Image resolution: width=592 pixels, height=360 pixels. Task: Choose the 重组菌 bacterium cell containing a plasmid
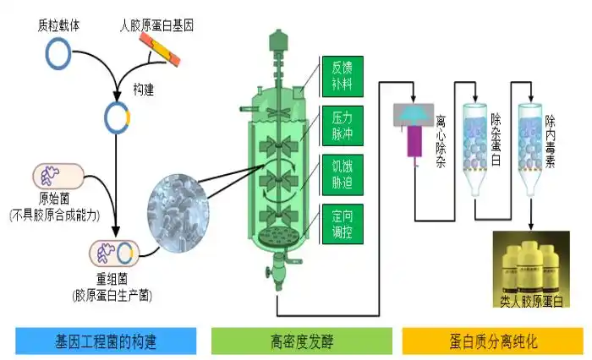pos(113,254)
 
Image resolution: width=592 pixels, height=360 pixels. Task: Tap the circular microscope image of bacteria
pos(173,208)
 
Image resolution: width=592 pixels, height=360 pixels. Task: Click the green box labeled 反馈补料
pos(343,76)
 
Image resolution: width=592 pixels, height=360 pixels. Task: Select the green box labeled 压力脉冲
pos(343,123)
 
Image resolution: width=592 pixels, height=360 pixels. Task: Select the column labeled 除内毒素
pos(530,139)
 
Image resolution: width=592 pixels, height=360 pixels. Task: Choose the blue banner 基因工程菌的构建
pos(106,341)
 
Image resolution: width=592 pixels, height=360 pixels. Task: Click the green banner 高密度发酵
pos(301,341)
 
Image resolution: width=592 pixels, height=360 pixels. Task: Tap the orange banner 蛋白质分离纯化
pos(494,341)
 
